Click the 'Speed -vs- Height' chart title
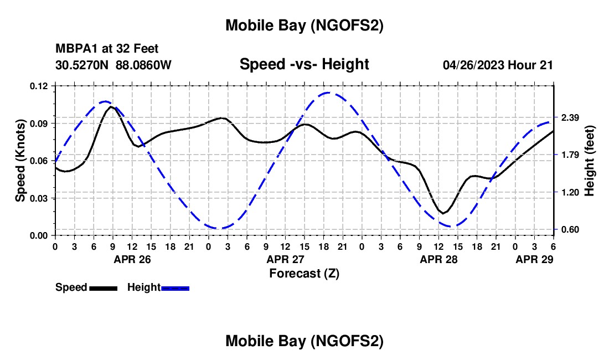[304, 64]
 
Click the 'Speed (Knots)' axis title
[20, 160]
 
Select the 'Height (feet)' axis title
[590, 160]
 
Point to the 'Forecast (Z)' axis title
[304, 273]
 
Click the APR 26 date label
[132, 259]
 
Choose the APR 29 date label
[535, 259]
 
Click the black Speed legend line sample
[103, 287]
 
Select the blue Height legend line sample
[175, 287]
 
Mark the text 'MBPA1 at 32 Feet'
[107, 49]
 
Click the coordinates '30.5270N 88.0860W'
[113, 65]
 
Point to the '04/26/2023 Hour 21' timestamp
[498, 65]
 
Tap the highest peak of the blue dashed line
[328, 93]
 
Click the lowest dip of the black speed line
[442, 213]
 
